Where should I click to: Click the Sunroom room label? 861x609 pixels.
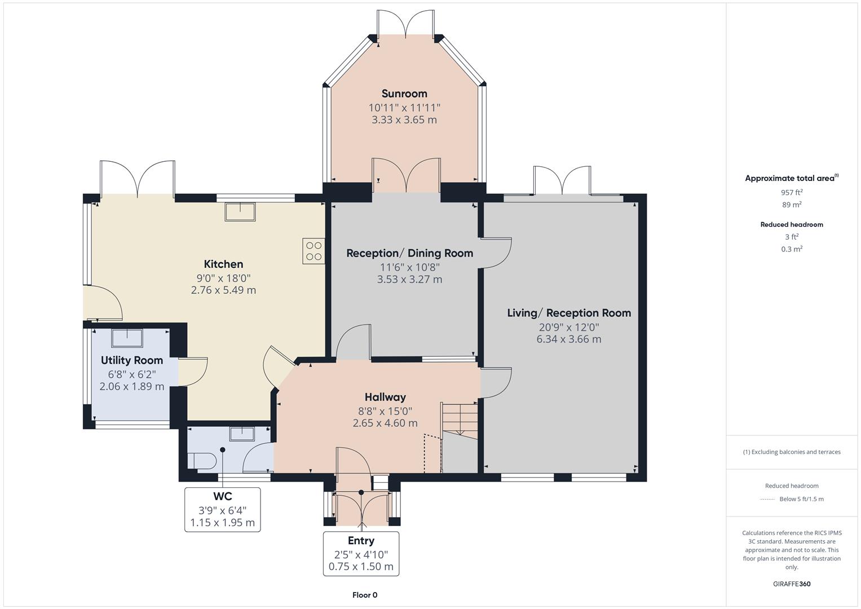click(404, 94)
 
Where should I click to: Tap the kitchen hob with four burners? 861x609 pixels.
click(314, 251)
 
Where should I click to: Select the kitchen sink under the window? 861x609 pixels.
click(240, 212)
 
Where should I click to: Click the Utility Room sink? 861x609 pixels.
click(127, 338)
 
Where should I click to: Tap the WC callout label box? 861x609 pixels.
click(222, 510)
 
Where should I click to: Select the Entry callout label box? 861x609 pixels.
click(361, 554)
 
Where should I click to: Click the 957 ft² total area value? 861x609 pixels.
click(791, 192)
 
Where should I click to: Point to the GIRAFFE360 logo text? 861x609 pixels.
click(791, 584)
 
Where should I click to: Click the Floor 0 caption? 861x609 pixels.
click(364, 595)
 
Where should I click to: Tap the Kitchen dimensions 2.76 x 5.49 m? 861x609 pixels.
click(223, 290)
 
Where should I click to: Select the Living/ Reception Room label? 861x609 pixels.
click(568, 313)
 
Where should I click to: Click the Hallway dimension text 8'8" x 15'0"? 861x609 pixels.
click(385, 411)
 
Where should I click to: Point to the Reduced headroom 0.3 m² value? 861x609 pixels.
click(791, 249)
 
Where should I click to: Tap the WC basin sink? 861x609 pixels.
click(242, 434)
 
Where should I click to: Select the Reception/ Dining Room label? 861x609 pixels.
click(409, 253)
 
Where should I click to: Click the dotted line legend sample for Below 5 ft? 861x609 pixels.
click(767, 499)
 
